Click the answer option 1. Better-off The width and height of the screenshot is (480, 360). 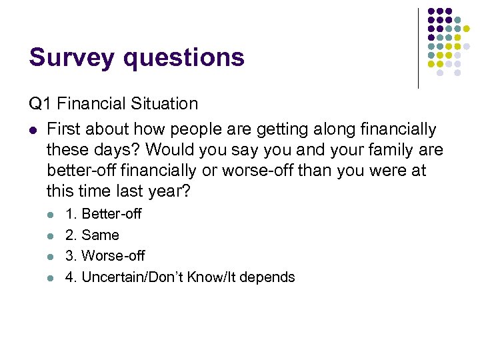tap(103, 214)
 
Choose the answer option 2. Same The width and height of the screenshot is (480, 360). tap(91, 235)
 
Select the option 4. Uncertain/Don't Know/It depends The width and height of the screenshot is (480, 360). tap(179, 277)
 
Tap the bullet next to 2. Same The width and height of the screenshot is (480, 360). tap(51, 235)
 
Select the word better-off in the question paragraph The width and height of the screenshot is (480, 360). tap(79, 171)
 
